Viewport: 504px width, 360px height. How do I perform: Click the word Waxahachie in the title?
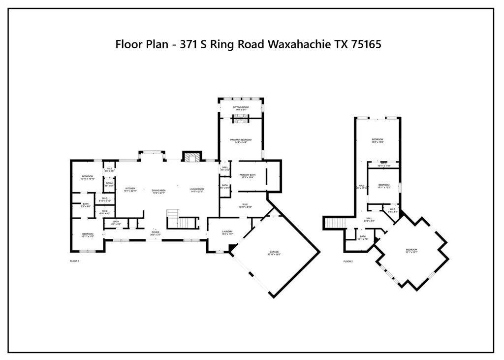(x=296, y=44)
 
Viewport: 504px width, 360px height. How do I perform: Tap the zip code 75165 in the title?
(x=364, y=44)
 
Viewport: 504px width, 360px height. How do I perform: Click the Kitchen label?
(x=130, y=189)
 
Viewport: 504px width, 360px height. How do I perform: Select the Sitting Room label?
(x=241, y=108)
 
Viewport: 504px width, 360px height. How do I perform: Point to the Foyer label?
(x=156, y=232)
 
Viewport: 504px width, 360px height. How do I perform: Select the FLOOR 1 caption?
(x=75, y=261)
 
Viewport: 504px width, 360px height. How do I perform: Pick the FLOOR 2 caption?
(x=348, y=261)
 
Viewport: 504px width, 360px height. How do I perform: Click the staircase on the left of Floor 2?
(x=335, y=223)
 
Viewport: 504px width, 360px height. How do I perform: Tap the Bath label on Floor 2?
(x=363, y=237)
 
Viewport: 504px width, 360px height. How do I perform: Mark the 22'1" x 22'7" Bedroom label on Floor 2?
(x=411, y=251)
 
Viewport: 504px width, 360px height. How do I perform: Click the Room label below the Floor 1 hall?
(x=109, y=184)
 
